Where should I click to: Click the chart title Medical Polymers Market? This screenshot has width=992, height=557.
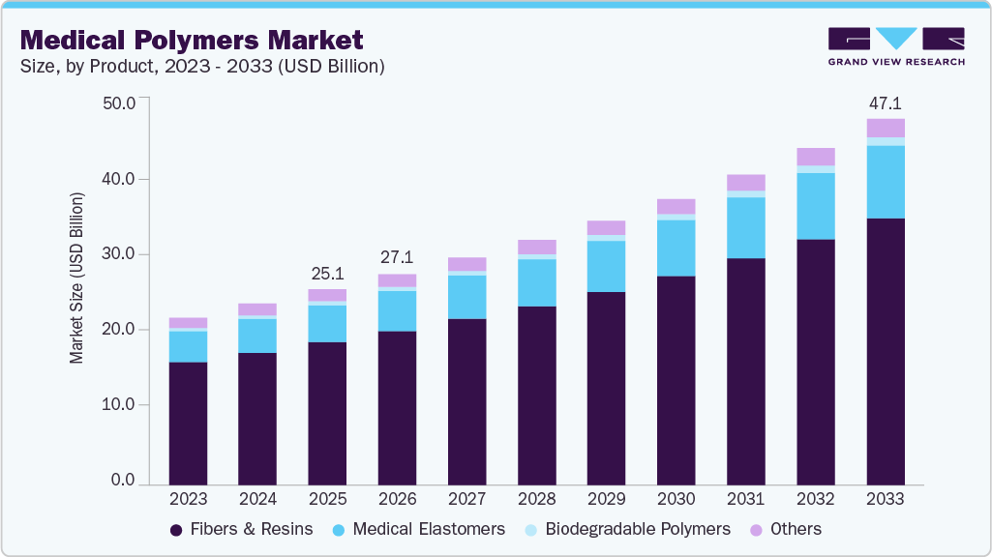tap(192, 40)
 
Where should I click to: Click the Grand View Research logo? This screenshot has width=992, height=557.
tap(896, 46)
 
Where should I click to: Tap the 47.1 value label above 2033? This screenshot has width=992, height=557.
tap(886, 103)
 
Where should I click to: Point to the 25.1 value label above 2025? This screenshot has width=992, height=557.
tap(327, 274)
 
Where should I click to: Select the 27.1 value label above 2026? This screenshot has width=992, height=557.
tap(397, 258)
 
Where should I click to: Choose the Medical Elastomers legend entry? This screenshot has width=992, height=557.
tap(418, 529)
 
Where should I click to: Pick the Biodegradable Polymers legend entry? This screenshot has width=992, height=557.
tap(626, 529)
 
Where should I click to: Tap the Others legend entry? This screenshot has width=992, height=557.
tap(787, 529)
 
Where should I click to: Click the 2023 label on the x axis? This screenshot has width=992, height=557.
tap(188, 499)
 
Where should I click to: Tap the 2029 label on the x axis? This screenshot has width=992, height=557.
tap(606, 499)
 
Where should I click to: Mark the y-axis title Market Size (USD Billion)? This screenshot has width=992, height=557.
tap(76, 278)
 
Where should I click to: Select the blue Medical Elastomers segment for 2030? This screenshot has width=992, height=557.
tap(676, 249)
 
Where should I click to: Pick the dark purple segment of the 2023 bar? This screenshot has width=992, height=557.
tap(188, 423)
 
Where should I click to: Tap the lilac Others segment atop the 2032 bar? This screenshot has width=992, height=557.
tap(816, 157)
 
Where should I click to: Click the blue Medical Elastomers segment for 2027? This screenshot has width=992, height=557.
tap(466, 297)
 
